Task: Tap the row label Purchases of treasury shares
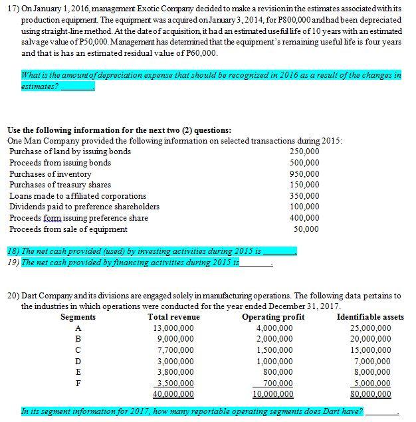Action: coord(60,185)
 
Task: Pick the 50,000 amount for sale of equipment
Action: coord(307,229)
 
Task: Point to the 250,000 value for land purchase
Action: coord(305,152)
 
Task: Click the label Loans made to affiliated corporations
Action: coord(78,196)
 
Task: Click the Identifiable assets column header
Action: coord(370,317)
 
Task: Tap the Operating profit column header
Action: coord(273,317)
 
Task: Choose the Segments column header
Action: coord(78,317)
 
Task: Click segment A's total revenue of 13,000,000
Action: coord(173,328)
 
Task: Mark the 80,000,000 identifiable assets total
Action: coord(370,394)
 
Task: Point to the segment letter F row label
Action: coord(78,383)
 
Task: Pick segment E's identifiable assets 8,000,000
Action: coord(372,372)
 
